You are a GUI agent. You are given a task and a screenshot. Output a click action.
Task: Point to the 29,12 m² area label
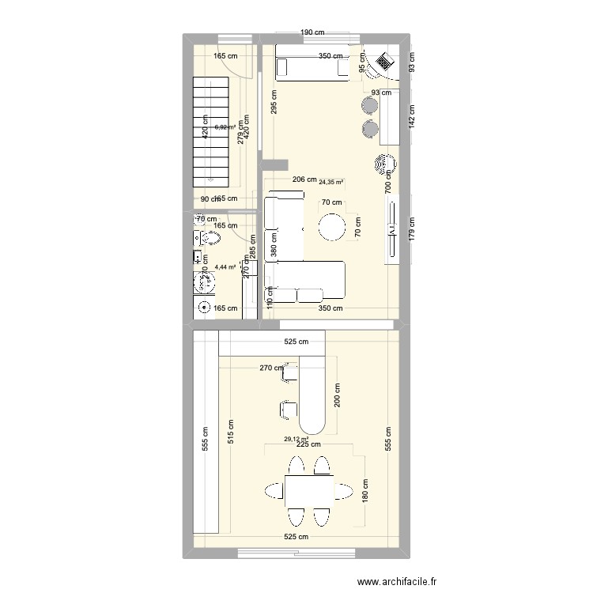click(x=295, y=440)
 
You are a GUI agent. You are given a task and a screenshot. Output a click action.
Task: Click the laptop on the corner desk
click(x=385, y=62)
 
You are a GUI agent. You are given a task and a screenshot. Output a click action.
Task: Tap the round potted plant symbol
click(x=384, y=164)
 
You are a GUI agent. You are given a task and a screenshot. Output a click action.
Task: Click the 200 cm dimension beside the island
click(x=338, y=395)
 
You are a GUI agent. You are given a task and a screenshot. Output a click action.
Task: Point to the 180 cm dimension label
click(x=364, y=492)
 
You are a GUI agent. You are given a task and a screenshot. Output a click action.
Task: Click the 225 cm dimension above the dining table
click(x=308, y=444)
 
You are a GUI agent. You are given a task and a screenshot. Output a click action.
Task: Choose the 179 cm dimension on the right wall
click(x=412, y=230)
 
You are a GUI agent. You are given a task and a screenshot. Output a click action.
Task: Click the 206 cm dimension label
click(x=304, y=180)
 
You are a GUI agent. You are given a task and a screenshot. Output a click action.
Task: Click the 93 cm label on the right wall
click(x=412, y=62)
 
